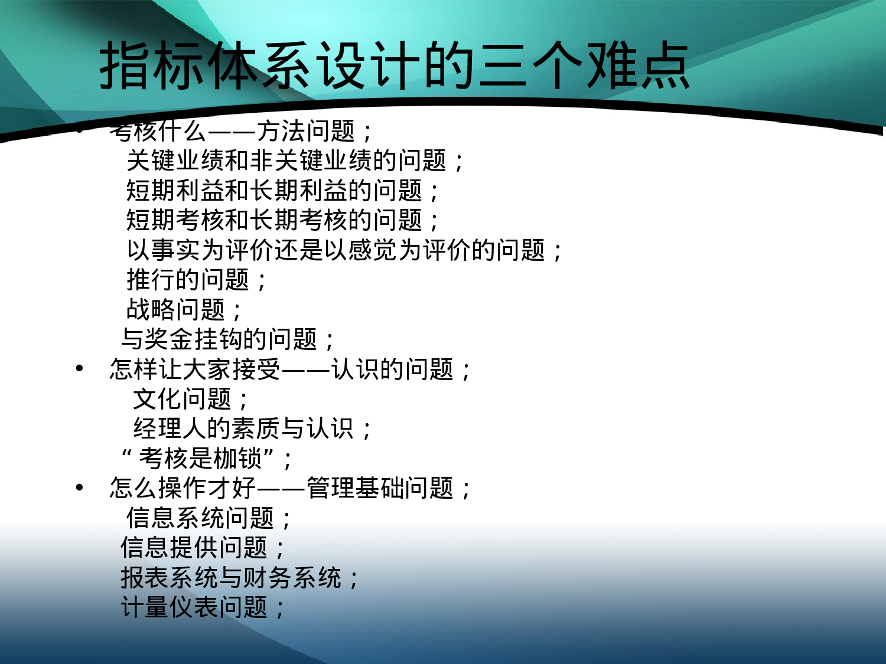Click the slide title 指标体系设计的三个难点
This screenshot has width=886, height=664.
[395, 66]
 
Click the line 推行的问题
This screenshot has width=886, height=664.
[196, 280]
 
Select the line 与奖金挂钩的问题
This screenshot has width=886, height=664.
[227, 339]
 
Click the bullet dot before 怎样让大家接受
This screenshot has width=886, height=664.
[80, 369]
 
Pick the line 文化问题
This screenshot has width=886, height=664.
[190, 399]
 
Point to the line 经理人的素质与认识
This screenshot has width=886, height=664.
[252, 429]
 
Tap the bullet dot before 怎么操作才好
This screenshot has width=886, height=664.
[80, 488]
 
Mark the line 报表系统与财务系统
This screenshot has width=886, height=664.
[239, 577]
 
